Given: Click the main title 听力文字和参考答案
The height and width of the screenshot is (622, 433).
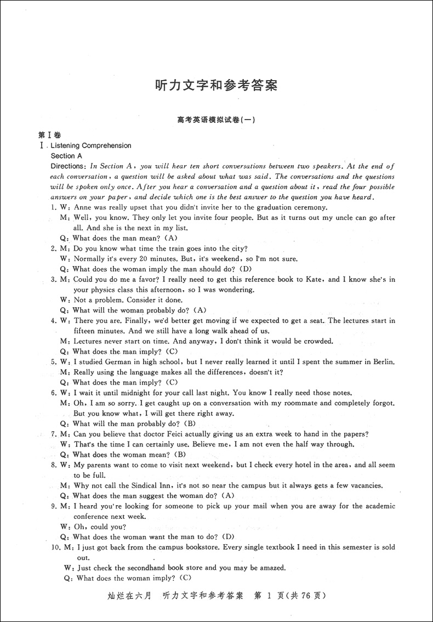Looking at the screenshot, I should pos(216,86).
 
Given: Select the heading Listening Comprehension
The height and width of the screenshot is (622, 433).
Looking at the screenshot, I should pos(90,145).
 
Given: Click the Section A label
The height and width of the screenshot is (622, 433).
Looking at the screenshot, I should pos(66,156).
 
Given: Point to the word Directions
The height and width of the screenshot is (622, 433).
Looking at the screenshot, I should pos(68,166).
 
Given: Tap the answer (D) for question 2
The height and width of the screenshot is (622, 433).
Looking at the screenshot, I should pos(245,269).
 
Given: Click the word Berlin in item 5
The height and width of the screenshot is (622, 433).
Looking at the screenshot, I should pos(381,362).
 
